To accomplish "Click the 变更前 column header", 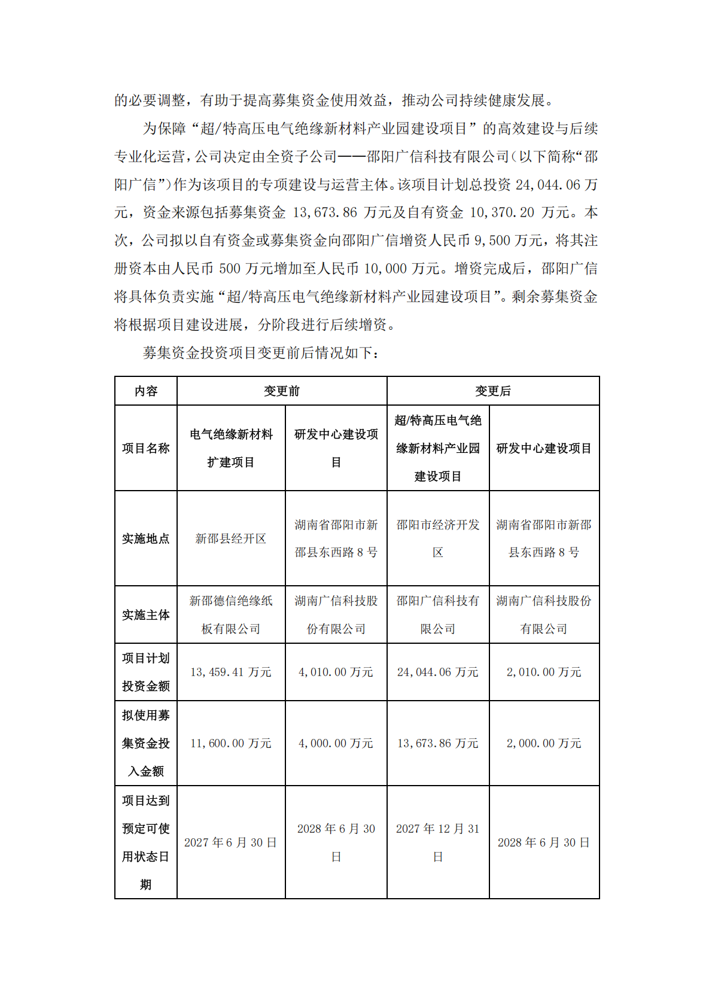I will pyautogui.click(x=282, y=391).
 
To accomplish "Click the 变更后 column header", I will pyautogui.click(x=493, y=391).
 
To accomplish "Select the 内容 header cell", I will pyautogui.click(x=146, y=391).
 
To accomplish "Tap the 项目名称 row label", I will pyautogui.click(x=146, y=448).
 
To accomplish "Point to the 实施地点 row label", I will pyautogui.click(x=146, y=539).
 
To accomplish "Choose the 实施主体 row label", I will pyautogui.click(x=146, y=614).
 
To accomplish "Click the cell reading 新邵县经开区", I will pyautogui.click(x=231, y=539).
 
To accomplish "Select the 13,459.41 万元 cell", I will pyautogui.click(x=231, y=672).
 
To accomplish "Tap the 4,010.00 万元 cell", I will pyautogui.click(x=336, y=672).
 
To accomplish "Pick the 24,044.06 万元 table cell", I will pyautogui.click(x=438, y=672).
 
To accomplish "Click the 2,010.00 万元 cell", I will pyautogui.click(x=544, y=672).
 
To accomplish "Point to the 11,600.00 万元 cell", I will pyautogui.click(x=231, y=743).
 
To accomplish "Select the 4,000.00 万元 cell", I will pyautogui.click(x=336, y=743).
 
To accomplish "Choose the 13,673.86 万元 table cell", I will pyautogui.click(x=438, y=743).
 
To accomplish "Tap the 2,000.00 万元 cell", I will pyautogui.click(x=544, y=743).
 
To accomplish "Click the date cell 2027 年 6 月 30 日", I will pyautogui.click(x=231, y=842).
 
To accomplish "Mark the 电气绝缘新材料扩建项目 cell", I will pyautogui.click(x=231, y=448).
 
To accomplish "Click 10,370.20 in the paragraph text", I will pyautogui.click(x=501, y=212).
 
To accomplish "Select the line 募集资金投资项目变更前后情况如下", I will pyautogui.click(x=261, y=352).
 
